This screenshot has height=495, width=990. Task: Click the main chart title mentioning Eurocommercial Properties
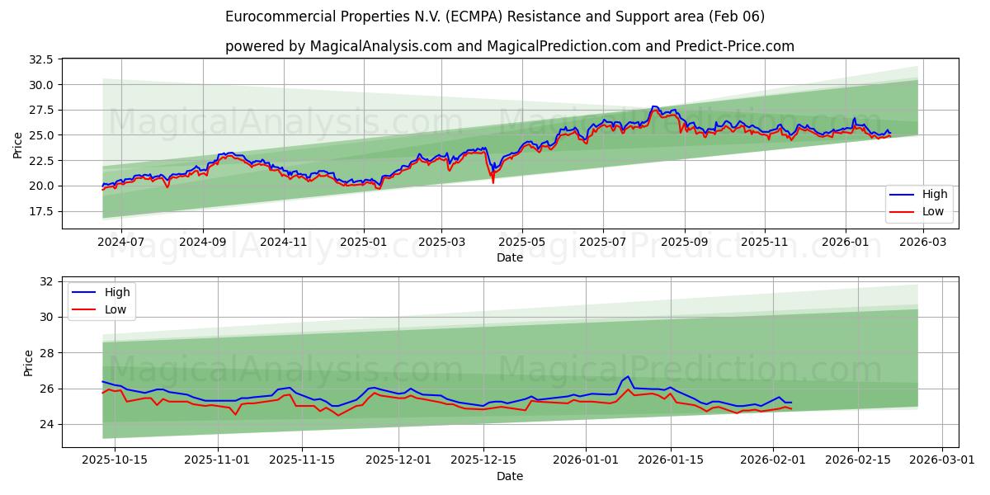tap(495, 16)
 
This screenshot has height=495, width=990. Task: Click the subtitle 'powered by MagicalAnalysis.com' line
tap(509, 46)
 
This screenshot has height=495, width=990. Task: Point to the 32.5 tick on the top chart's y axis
tap(41, 59)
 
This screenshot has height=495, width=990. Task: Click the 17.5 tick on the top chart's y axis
tap(41, 211)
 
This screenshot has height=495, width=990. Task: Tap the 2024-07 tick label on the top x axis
tap(121, 243)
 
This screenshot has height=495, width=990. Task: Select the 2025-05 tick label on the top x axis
tap(521, 243)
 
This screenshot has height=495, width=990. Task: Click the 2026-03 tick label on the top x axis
tap(922, 243)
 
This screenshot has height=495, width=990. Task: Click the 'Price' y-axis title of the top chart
tap(18, 145)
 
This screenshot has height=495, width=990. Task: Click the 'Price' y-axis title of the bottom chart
tap(29, 363)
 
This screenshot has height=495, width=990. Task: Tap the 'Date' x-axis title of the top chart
tap(509, 257)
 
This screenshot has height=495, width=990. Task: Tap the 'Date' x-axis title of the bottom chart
tap(509, 476)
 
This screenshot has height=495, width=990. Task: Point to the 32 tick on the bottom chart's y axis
tap(46, 281)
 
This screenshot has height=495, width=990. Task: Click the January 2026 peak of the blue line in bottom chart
tap(628, 377)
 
